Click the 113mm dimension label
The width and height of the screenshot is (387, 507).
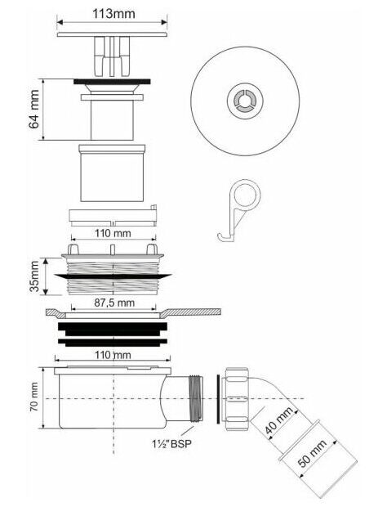[x=113, y=14]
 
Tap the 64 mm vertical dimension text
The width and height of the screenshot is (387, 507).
[x=34, y=110]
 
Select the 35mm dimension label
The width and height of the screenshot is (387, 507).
[x=34, y=276]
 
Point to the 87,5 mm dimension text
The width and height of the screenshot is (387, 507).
[x=114, y=303]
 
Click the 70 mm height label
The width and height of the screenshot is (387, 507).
[x=34, y=397]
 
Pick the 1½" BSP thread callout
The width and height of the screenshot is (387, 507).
[x=171, y=443]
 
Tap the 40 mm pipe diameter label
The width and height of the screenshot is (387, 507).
[x=278, y=420]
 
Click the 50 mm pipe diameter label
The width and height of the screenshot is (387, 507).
[x=311, y=453]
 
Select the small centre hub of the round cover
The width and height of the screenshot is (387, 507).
[x=245, y=101]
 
